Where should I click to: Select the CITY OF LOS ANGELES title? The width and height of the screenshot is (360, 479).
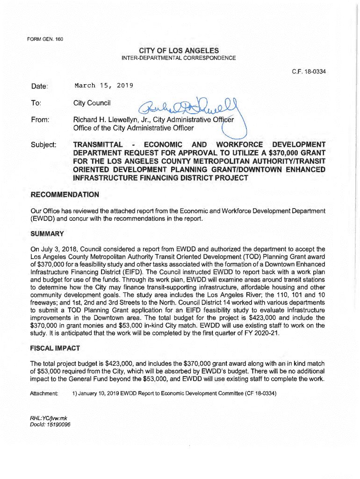click(179, 50)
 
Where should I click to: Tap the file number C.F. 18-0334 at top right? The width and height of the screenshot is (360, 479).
click(309, 72)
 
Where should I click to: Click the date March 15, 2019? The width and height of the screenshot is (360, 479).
click(104, 86)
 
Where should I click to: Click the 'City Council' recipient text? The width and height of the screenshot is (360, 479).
click(92, 103)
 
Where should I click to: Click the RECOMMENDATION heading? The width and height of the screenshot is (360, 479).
click(65, 194)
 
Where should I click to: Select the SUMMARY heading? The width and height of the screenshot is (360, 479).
click(47, 233)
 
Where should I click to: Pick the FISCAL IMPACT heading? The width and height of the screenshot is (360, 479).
click(55, 348)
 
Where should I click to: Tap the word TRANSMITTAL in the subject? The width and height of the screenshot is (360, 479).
click(98, 144)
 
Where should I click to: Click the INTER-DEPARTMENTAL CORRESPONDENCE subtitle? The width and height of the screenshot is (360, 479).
click(179, 58)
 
